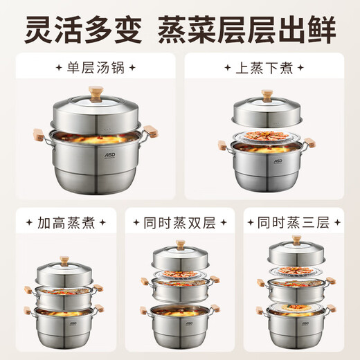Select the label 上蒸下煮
[x=269, y=69]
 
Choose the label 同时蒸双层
[x=181, y=224]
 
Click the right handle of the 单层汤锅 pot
[x=156, y=132]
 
